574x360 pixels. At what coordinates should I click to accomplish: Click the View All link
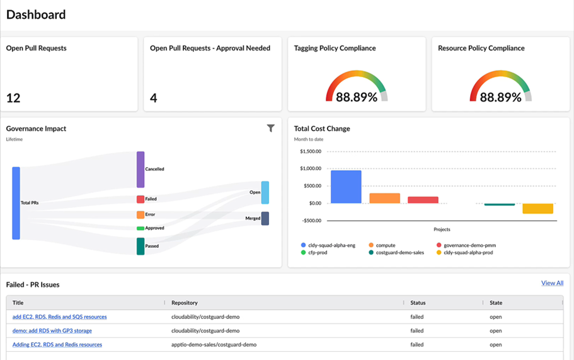point(552,283)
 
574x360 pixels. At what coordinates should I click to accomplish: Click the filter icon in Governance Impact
point(270,128)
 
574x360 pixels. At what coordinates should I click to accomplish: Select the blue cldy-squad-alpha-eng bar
point(346,187)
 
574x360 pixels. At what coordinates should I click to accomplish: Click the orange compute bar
point(384,198)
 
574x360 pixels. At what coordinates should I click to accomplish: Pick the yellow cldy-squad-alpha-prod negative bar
point(537,209)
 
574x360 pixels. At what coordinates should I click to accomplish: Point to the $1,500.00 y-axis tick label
point(311,151)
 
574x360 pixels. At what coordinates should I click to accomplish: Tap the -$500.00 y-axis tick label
point(311,221)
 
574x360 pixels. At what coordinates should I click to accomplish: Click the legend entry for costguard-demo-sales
point(396,252)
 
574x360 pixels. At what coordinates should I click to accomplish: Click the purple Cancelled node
point(141,170)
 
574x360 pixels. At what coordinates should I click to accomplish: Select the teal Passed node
point(141,247)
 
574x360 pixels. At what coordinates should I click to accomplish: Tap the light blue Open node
point(265,193)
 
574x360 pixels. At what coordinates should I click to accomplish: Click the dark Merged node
point(265,218)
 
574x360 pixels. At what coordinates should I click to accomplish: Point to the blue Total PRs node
point(16,203)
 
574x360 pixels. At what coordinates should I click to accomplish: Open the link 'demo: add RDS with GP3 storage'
point(52,331)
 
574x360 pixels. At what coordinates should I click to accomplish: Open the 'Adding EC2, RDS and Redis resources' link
point(57,345)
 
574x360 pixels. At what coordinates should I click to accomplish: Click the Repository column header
point(185,303)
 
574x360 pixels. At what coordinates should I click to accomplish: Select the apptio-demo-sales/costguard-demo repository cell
point(214,345)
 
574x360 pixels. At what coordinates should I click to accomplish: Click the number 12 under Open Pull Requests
point(13,98)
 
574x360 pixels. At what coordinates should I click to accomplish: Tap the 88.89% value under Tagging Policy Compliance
point(357,97)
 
